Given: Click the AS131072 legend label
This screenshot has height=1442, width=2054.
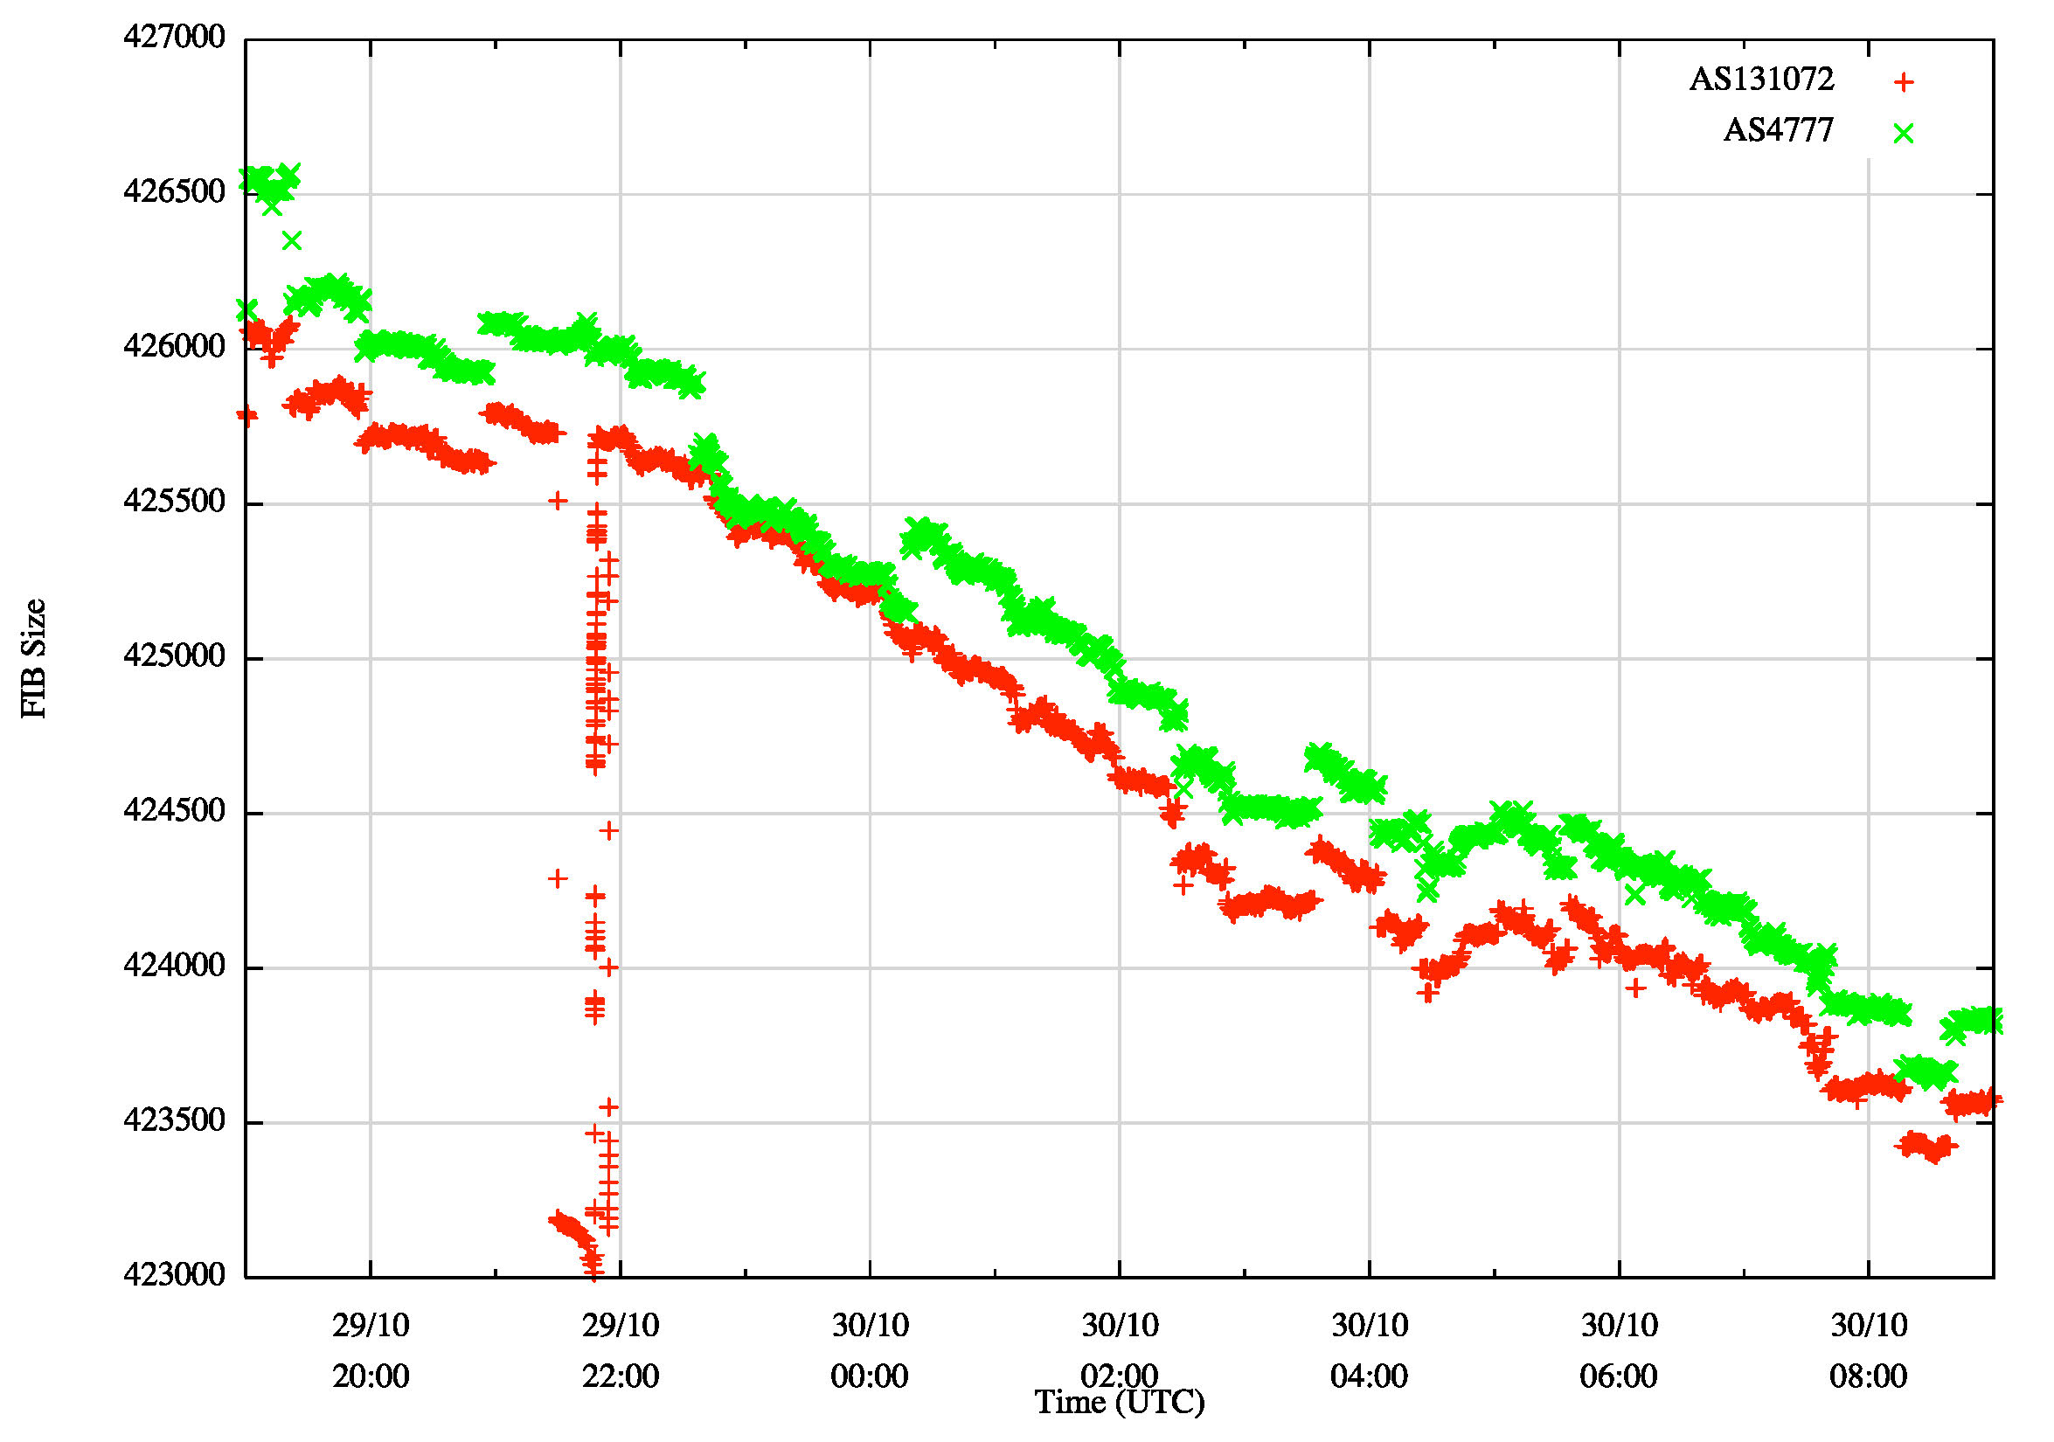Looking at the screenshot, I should (x=1760, y=80).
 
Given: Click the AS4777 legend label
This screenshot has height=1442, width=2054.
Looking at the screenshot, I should (x=1778, y=130).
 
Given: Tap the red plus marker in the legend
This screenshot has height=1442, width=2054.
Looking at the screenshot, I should (x=1904, y=82).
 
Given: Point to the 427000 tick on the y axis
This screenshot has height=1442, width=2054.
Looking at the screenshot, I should (x=175, y=38).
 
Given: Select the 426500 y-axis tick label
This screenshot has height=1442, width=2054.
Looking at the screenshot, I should (x=175, y=192).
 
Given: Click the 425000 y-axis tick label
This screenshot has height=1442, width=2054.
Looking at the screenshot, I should (x=175, y=656).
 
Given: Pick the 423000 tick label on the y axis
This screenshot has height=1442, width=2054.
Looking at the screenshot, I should (x=175, y=1275).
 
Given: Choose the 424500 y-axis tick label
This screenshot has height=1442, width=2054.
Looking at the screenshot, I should (x=175, y=811).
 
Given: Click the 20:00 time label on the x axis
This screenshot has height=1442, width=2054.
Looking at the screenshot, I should (x=371, y=1376).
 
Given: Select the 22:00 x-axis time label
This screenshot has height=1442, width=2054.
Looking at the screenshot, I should (x=620, y=1376).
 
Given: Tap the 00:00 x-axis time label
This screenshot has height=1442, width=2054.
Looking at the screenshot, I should (x=870, y=1376).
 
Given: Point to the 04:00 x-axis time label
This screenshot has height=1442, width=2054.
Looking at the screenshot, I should (x=1369, y=1376).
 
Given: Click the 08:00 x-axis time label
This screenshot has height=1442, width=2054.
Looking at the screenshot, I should (x=1868, y=1376).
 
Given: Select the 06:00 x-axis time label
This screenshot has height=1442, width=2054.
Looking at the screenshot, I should (x=1619, y=1376).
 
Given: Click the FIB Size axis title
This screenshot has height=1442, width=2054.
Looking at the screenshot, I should (x=34, y=657).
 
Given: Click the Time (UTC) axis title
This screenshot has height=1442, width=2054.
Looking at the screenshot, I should (x=1119, y=1403).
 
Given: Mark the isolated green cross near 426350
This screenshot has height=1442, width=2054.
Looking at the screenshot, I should (x=292, y=240).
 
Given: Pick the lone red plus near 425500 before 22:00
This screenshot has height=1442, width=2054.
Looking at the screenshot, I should (x=558, y=501).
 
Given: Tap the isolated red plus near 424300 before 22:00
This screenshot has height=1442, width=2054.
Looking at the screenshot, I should (x=558, y=878).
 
